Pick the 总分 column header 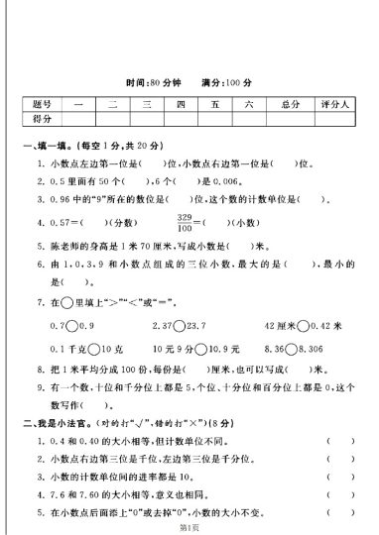point(290,103)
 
